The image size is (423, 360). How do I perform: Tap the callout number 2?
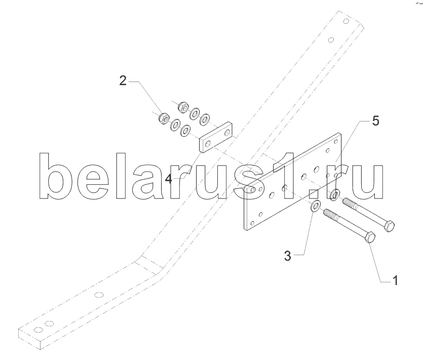coord(122,80)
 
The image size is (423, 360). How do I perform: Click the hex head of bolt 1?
coord(370,238)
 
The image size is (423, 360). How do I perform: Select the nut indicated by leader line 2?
coord(164,117)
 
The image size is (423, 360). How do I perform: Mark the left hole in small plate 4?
coord(207,142)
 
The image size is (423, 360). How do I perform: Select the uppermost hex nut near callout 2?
coord(183,106)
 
